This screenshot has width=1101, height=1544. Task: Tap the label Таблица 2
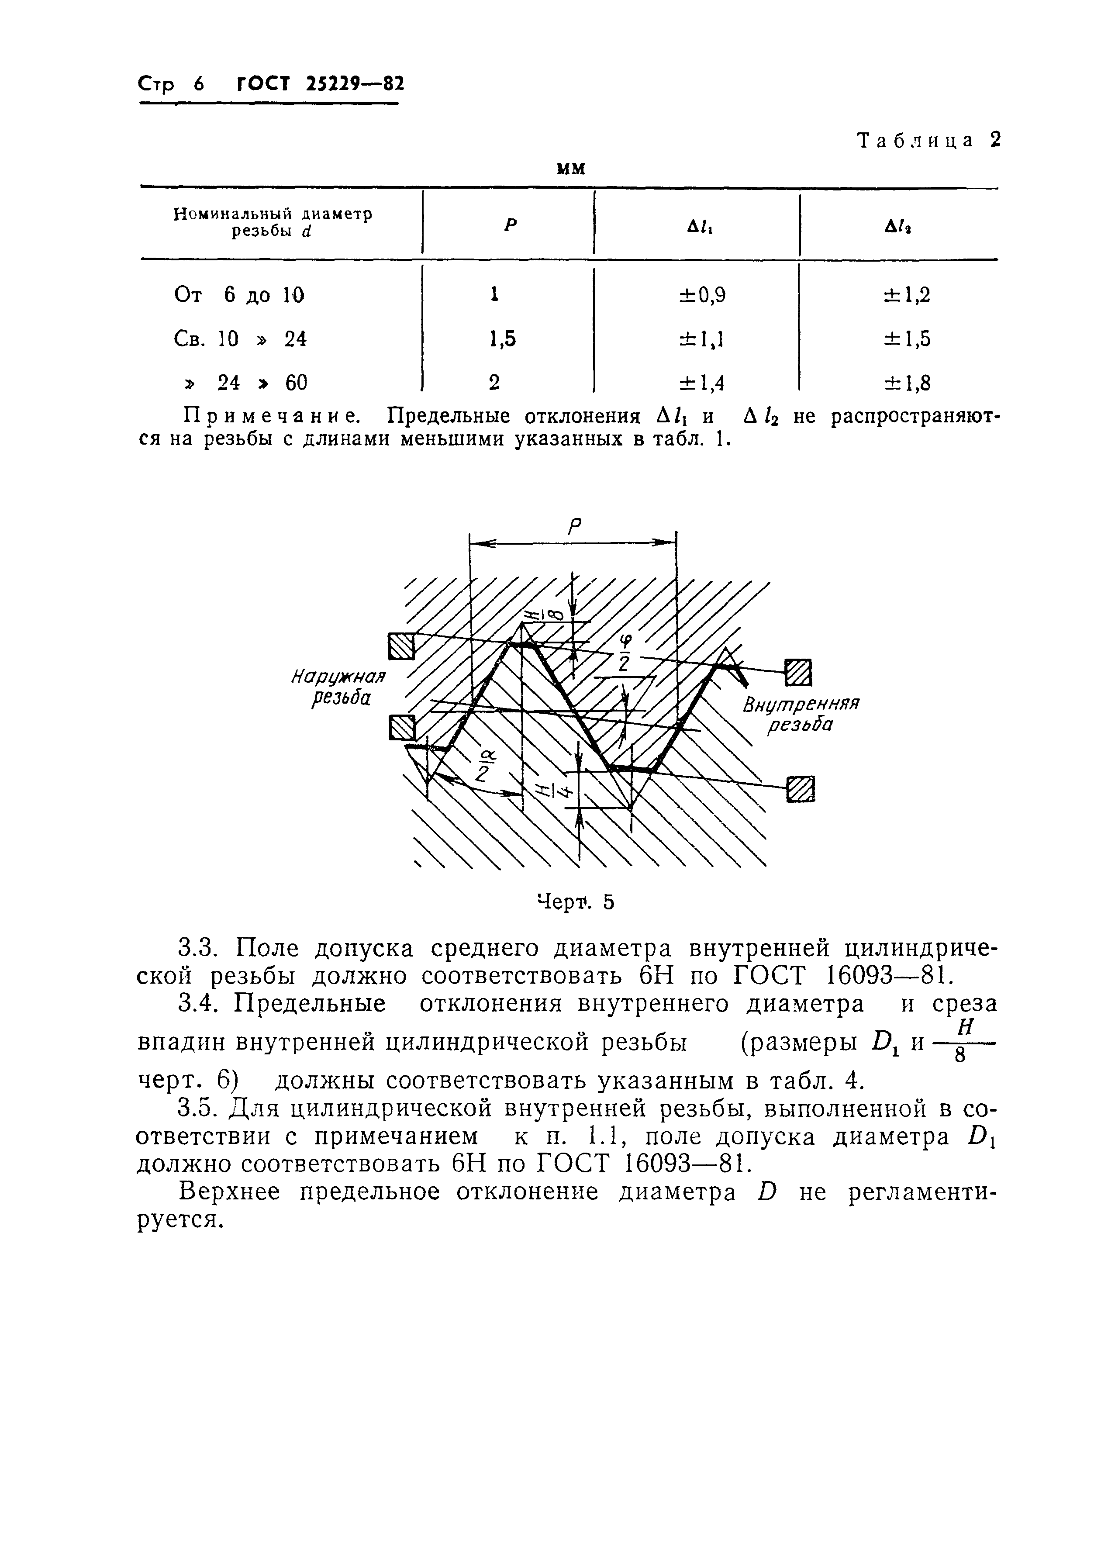[x=929, y=140]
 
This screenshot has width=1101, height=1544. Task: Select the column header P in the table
[x=510, y=225]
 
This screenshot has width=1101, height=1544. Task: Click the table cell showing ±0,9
[x=702, y=295]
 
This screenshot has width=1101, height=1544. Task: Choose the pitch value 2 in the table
[x=494, y=383]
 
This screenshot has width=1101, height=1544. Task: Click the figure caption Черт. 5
[x=575, y=902]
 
